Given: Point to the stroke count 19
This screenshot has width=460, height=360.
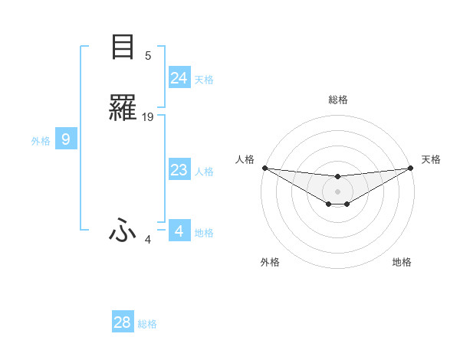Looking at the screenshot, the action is [148, 116].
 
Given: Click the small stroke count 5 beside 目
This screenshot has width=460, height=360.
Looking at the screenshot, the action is [148, 55].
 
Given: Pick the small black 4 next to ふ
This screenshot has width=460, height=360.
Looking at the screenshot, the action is [148, 240].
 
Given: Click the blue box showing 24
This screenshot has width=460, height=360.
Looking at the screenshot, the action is [179, 78].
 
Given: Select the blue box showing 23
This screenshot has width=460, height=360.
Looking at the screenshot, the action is [179, 170].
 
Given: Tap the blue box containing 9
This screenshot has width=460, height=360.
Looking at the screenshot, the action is [66, 139].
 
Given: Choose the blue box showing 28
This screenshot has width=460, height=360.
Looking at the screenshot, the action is [123, 322].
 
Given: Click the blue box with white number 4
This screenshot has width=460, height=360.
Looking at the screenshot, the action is [179, 231].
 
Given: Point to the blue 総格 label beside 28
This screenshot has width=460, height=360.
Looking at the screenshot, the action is [147, 324].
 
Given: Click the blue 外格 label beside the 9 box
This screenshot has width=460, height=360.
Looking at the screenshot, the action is [41, 141].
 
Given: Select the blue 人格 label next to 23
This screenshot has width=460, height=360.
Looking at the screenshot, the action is [204, 172].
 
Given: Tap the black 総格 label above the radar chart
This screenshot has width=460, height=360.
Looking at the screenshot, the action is [337, 100].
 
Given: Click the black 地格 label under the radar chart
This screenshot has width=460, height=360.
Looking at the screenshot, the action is [402, 262].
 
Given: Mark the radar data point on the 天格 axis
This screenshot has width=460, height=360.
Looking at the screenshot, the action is [411, 168].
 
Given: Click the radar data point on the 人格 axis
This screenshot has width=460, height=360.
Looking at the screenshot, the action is [264, 168].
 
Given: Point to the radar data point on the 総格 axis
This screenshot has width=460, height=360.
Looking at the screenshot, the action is [337, 177].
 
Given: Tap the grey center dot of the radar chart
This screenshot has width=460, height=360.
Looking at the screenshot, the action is [337, 191].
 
